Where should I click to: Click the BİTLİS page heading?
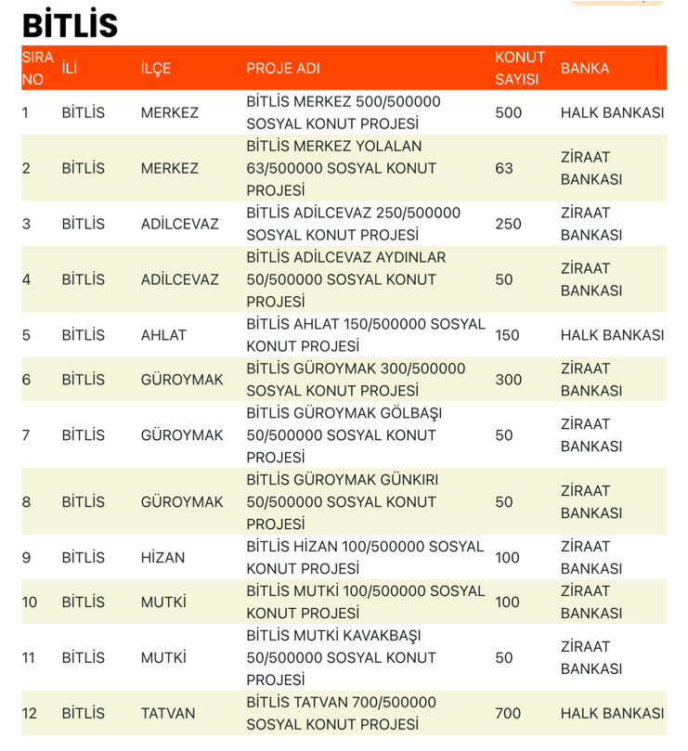click(70, 24)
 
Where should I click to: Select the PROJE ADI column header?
click(282, 69)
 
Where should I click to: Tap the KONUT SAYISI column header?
click(519, 68)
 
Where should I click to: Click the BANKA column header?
click(585, 68)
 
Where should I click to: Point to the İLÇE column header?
click(156, 69)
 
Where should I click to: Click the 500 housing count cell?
click(509, 113)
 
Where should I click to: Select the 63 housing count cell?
click(504, 168)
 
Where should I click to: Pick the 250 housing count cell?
click(509, 224)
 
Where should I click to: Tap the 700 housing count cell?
click(509, 714)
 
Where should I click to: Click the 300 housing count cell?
click(509, 380)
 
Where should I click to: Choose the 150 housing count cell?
click(508, 335)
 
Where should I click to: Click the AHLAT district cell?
click(163, 335)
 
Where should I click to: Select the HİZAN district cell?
click(162, 558)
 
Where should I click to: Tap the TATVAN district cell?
click(168, 714)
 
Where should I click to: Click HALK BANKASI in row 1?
click(612, 113)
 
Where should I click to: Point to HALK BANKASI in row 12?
click(612, 714)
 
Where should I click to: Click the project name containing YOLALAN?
click(342, 168)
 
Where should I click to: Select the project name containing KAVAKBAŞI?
click(342, 658)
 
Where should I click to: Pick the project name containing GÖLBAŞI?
click(342, 435)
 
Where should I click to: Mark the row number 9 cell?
click(27, 558)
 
